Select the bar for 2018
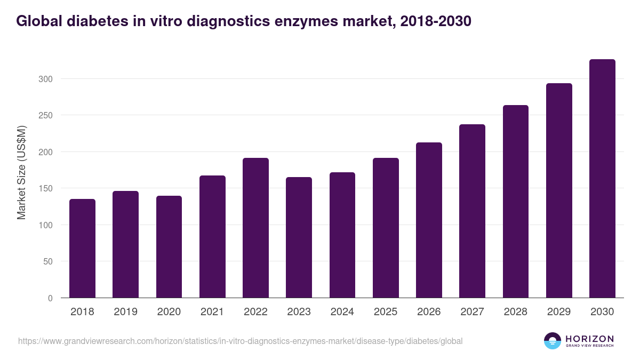tap(82, 249)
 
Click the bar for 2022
tap(255, 228)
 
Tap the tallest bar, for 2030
tap(602, 179)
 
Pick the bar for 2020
tap(169, 247)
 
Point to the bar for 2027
tap(472, 211)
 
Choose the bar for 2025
tap(386, 228)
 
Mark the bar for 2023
tap(299, 237)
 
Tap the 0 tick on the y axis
tap(50, 298)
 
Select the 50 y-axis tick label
tap(48, 261)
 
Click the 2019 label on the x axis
tap(125, 312)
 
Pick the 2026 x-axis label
tap(429, 312)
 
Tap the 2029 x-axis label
tap(559, 312)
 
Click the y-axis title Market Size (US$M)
tap(21, 172)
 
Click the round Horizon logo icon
tap(553, 341)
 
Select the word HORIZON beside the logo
tap(590, 338)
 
